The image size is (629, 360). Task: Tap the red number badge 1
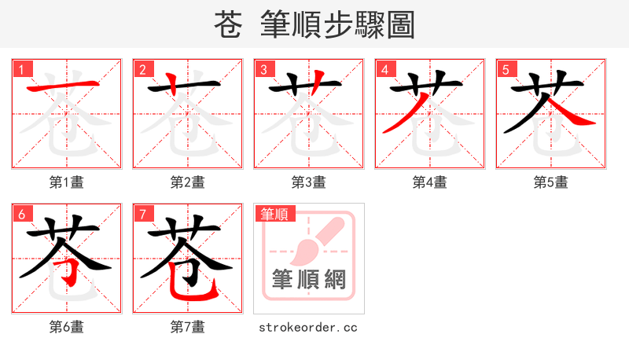click(x=22, y=69)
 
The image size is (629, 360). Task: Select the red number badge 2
click(x=143, y=69)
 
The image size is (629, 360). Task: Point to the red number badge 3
click(x=264, y=69)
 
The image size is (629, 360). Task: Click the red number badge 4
click(x=385, y=69)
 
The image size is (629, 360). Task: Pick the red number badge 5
click(x=506, y=69)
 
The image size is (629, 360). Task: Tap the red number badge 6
click(x=22, y=214)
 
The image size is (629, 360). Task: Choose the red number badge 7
click(x=143, y=214)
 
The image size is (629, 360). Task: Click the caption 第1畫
click(x=67, y=182)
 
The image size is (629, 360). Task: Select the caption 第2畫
click(x=188, y=182)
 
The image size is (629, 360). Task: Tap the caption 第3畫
click(x=309, y=182)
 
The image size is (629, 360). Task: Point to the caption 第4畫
click(x=430, y=182)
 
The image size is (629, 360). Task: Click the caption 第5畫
click(x=551, y=182)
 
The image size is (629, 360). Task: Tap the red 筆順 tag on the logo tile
click(x=274, y=214)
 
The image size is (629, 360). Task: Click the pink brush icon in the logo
click(x=314, y=240)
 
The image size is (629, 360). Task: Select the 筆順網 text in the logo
click(x=309, y=280)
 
